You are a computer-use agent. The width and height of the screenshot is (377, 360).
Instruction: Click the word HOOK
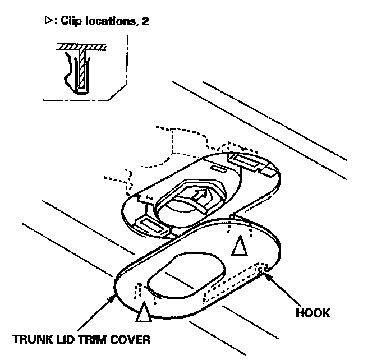tap(313, 313)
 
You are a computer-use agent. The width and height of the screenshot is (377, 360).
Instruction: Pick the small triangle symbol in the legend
tap(47, 22)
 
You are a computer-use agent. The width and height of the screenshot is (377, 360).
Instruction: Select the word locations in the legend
tap(106, 22)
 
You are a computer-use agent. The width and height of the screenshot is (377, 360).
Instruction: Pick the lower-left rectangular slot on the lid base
tap(151, 226)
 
